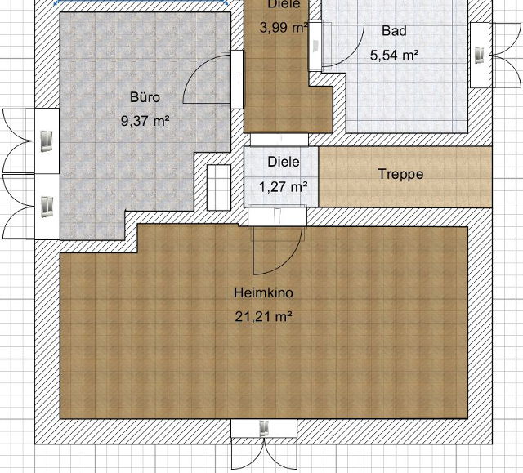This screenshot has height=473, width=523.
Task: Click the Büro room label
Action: [x=145, y=97]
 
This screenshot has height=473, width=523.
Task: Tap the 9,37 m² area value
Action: [x=145, y=120]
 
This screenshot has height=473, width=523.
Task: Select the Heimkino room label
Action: [x=263, y=292]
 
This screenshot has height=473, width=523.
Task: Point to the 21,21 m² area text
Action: [x=263, y=316]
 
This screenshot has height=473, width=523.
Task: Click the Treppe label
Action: [x=400, y=174]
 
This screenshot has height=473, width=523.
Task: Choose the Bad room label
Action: [x=394, y=31]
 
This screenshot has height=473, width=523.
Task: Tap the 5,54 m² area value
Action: [x=394, y=55]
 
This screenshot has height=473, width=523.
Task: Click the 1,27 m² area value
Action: [x=284, y=187]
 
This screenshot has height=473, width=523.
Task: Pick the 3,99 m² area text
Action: [x=284, y=27]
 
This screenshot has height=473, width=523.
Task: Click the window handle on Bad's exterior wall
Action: [x=479, y=56]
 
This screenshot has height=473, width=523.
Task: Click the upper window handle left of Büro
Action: [x=47, y=141]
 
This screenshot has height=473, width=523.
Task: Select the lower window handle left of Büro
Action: [x=47, y=207]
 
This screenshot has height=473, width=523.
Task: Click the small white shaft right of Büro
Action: [x=219, y=188]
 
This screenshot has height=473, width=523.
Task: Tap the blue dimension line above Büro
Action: [x=141, y=2]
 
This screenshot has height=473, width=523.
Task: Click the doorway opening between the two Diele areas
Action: [x=279, y=140]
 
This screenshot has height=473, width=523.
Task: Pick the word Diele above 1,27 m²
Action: [x=284, y=162]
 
